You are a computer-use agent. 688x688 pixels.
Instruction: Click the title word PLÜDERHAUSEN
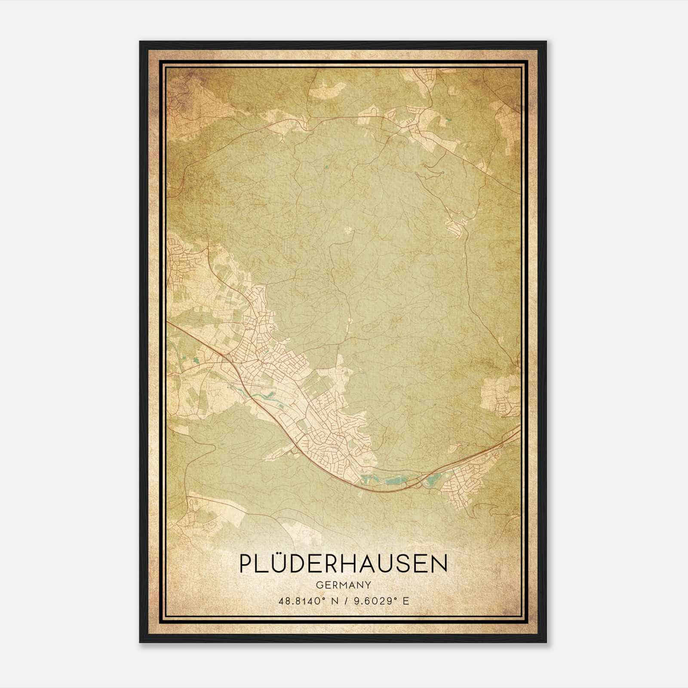click(343, 564)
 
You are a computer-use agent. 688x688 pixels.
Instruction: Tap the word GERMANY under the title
click(343, 585)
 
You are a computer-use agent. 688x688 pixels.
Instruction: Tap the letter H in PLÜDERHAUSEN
click(352, 564)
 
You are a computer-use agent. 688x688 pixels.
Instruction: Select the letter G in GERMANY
click(318, 585)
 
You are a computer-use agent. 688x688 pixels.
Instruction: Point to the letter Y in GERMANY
click(369, 585)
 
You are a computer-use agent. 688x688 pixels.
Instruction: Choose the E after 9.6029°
click(405, 601)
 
